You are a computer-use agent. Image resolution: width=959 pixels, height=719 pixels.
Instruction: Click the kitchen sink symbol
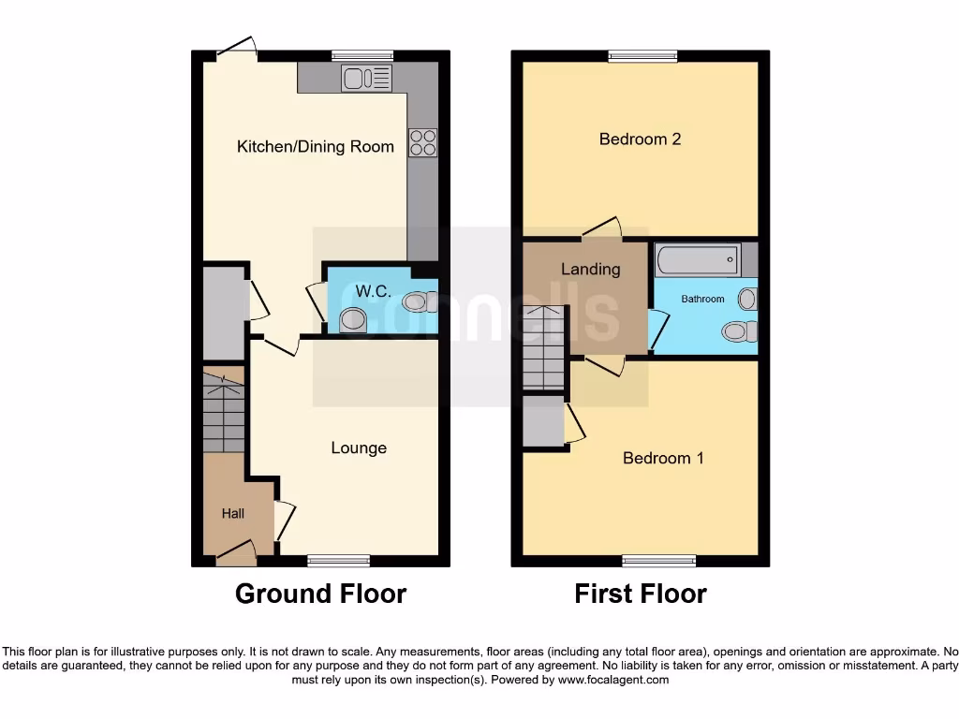[x=366, y=79]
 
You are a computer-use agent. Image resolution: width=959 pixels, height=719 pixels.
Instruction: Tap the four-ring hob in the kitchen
[x=422, y=141]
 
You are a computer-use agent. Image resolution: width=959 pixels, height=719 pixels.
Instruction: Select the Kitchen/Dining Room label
[x=315, y=146]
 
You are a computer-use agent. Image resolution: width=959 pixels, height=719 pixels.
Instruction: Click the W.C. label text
[x=374, y=291]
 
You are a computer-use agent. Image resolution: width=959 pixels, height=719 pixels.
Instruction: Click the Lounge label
[x=359, y=448]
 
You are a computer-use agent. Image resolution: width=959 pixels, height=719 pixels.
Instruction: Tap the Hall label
[x=232, y=513]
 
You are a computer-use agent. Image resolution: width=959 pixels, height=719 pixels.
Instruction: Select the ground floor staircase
[x=223, y=414]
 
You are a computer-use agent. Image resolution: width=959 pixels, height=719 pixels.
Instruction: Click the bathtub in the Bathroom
[x=699, y=260]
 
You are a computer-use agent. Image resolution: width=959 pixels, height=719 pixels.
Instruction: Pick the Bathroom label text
[x=702, y=299]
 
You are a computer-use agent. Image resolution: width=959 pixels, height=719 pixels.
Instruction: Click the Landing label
[x=590, y=269]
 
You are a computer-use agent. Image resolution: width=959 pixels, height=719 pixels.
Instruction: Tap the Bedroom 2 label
[x=640, y=139]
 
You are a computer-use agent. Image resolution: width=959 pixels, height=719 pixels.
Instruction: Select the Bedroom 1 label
[x=663, y=458]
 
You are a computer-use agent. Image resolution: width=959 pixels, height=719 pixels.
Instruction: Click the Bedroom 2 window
[x=642, y=56]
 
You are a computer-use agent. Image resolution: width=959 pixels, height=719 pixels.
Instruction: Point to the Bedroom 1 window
[x=659, y=561]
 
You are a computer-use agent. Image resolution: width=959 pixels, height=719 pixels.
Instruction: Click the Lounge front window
[x=338, y=561]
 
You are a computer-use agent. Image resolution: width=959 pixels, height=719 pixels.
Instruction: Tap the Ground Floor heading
[x=320, y=594]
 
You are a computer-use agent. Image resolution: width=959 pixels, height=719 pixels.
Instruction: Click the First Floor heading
[x=641, y=594]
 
